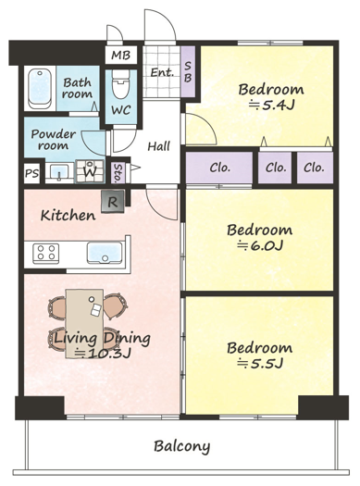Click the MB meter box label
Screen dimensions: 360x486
(121, 56)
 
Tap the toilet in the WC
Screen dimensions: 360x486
(120, 83)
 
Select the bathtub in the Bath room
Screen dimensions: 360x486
(40, 88)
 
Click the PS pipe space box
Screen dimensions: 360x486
(31, 173)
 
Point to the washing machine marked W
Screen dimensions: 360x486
(90, 170)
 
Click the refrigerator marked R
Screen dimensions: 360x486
(113, 202)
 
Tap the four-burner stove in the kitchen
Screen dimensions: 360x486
(46, 252)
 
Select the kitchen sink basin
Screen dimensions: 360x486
(104, 252)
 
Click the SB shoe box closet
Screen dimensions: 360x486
(188, 71)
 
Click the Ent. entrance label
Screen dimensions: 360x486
(162, 73)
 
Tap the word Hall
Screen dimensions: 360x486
(158, 146)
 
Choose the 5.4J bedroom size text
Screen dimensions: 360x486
(272, 106)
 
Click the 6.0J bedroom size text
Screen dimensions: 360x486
(260, 246)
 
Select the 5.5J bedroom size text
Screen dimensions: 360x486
(260, 363)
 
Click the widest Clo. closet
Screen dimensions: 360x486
(219, 168)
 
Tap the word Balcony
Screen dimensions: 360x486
(182, 446)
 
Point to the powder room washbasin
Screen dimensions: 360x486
(59, 172)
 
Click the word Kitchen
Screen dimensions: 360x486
(68, 216)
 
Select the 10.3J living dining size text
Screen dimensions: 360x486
(104, 353)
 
